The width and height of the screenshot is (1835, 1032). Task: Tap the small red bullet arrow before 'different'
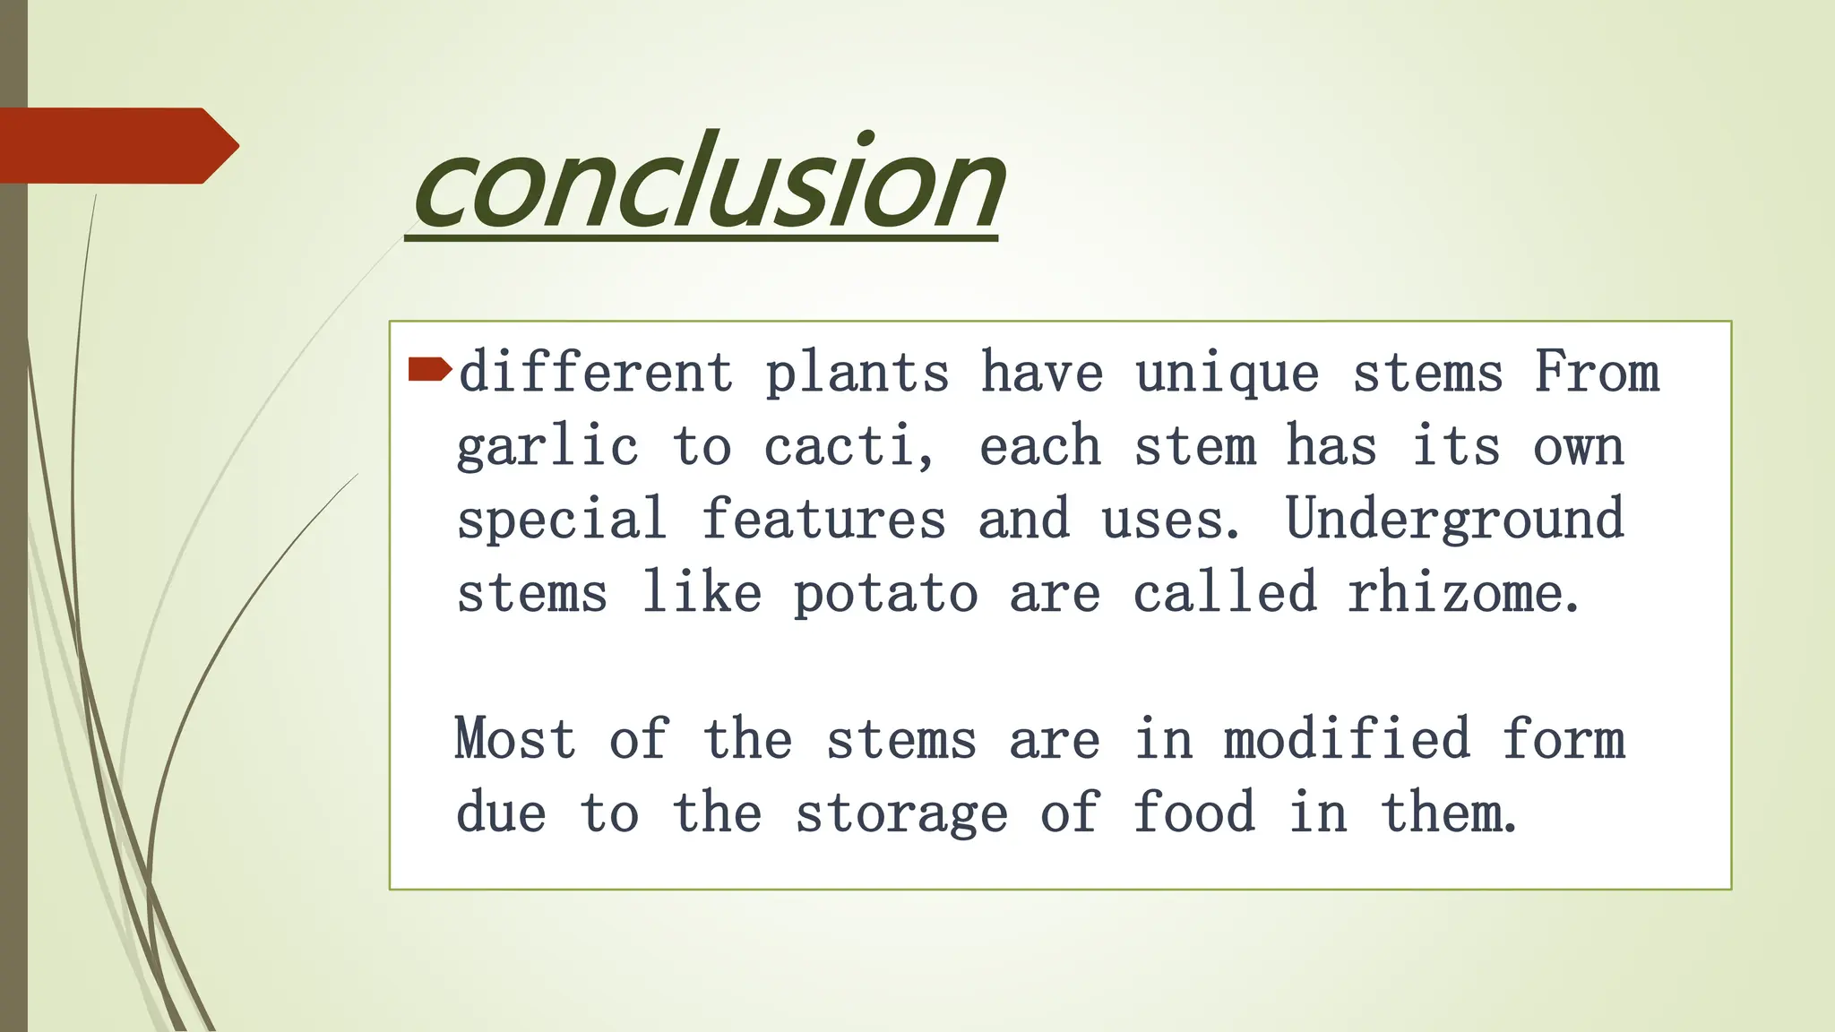tap(429, 369)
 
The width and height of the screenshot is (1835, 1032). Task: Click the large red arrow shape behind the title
tap(116, 146)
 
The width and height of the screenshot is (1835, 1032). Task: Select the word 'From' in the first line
tap(1596, 372)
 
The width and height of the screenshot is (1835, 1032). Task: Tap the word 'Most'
tap(515, 740)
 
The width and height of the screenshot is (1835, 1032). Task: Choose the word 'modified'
tap(1347, 740)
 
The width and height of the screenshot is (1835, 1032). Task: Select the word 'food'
tap(1193, 813)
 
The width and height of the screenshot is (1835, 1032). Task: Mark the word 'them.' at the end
tap(1448, 813)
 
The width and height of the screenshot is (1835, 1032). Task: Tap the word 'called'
tap(1225, 593)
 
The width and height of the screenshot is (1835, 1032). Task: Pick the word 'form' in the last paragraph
tap(1564, 740)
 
